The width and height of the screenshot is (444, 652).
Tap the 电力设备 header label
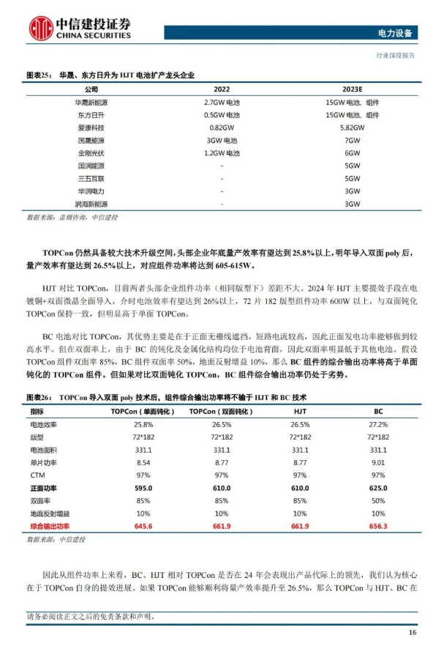(x=395, y=33)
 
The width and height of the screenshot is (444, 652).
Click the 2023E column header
(x=353, y=89)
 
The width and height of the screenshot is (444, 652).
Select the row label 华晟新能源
(x=91, y=103)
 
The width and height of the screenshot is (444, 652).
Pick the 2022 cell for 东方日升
(x=222, y=115)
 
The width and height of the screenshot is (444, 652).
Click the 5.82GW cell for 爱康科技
(x=353, y=127)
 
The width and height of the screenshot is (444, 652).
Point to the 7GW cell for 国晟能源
(x=353, y=140)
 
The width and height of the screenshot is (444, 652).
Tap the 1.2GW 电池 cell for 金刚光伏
(x=222, y=153)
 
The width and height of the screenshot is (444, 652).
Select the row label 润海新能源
(x=91, y=204)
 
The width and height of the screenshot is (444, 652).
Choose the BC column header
(x=378, y=412)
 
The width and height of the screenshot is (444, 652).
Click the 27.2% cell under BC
(x=378, y=424)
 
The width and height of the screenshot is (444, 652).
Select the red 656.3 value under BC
(x=378, y=526)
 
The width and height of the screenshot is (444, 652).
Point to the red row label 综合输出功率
(x=50, y=526)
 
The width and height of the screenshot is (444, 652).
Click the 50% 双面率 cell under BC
(x=378, y=500)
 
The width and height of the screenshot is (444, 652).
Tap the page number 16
(x=412, y=631)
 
